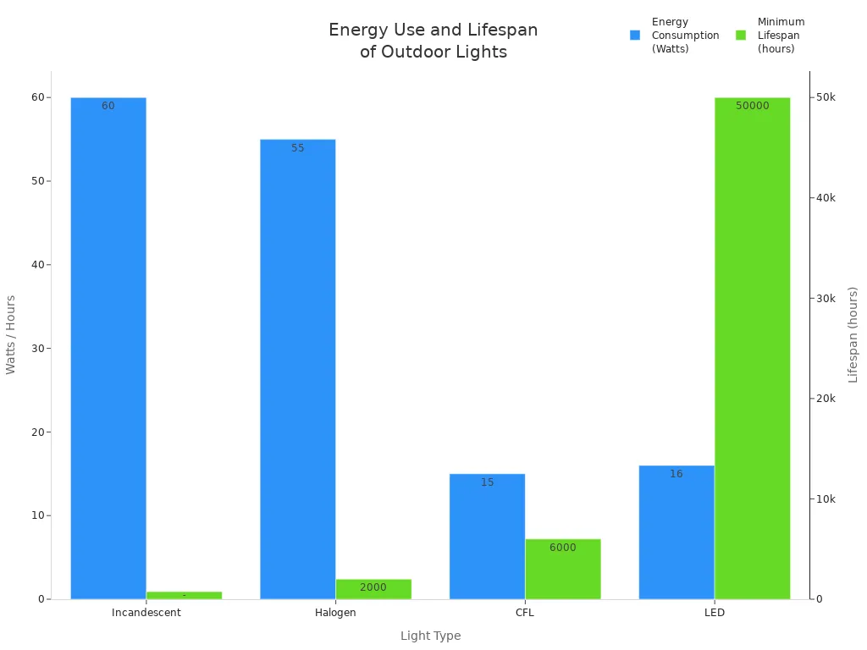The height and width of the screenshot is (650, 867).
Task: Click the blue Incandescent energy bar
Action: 108,348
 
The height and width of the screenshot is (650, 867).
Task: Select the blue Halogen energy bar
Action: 297,369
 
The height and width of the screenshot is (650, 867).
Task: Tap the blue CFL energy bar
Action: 487,537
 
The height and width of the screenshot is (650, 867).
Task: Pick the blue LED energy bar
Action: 676,532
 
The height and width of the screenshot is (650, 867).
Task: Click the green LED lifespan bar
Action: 752,348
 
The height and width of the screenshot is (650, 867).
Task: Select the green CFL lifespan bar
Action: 563,569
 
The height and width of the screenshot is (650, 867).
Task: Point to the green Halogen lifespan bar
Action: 373,589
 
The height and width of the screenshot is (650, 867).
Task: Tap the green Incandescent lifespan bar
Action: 184,595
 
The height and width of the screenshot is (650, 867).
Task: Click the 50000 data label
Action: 752,106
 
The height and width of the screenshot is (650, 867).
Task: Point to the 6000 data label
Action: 563,548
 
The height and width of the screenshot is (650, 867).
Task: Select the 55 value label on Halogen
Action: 297,148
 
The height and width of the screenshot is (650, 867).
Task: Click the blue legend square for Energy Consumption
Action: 635,36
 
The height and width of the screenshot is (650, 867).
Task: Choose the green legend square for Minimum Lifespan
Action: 741,36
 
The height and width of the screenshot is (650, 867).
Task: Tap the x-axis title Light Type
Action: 430,636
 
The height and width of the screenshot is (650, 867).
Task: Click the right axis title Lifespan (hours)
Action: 853,334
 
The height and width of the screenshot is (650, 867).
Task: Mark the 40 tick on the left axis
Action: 37,265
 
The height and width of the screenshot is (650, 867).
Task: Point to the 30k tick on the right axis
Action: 826,298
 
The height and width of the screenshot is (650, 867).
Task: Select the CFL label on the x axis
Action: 525,612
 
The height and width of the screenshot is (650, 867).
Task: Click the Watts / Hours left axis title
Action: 11,334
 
